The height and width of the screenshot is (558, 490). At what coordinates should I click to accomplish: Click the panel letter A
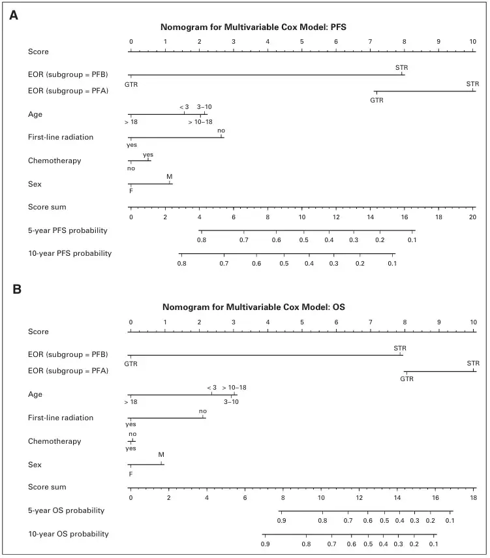14,15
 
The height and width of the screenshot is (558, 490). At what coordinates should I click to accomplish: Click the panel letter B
17,289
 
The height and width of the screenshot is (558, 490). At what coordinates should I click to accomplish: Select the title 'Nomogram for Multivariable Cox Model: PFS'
253,27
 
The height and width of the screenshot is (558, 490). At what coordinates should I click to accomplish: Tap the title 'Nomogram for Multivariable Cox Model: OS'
254,307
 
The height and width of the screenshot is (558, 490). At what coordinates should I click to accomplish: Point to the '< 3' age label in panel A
184,107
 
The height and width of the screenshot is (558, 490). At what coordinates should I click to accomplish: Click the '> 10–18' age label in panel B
234,388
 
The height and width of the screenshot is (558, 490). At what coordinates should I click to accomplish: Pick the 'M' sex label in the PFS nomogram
170,176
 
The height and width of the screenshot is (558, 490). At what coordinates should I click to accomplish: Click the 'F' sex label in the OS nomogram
130,474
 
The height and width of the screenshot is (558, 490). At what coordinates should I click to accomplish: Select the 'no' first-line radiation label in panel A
221,131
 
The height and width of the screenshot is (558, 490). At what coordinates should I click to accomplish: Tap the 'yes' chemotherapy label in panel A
148,155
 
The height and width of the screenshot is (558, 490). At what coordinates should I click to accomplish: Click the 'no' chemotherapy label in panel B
132,434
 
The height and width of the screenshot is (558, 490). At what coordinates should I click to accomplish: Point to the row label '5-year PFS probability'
68,230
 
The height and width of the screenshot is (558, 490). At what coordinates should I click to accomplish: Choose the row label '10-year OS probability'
69,534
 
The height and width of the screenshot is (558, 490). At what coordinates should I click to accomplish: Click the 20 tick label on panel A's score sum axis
472,217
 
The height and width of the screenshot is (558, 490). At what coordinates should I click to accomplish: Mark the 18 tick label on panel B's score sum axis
473,497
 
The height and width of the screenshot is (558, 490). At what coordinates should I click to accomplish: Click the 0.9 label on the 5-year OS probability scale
281,521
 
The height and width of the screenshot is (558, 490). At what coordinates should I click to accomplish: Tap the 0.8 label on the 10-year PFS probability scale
182,264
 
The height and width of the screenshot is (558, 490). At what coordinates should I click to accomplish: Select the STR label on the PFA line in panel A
472,84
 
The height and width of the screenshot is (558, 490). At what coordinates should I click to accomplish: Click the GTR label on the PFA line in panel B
406,379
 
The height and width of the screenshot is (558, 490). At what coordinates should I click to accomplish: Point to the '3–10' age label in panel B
232,402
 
